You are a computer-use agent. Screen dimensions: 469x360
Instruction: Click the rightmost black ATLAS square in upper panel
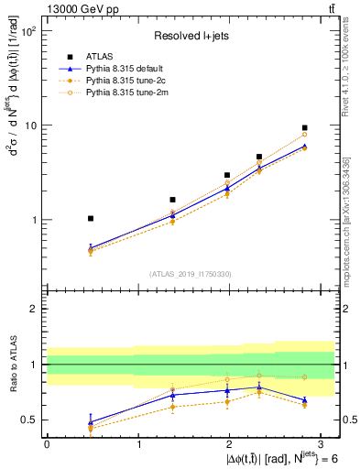point(304,128)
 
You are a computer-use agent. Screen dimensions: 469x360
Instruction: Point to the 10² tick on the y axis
point(29,31)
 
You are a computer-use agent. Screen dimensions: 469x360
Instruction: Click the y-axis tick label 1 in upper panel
point(35,220)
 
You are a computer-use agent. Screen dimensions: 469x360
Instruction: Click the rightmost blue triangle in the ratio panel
point(304,400)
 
